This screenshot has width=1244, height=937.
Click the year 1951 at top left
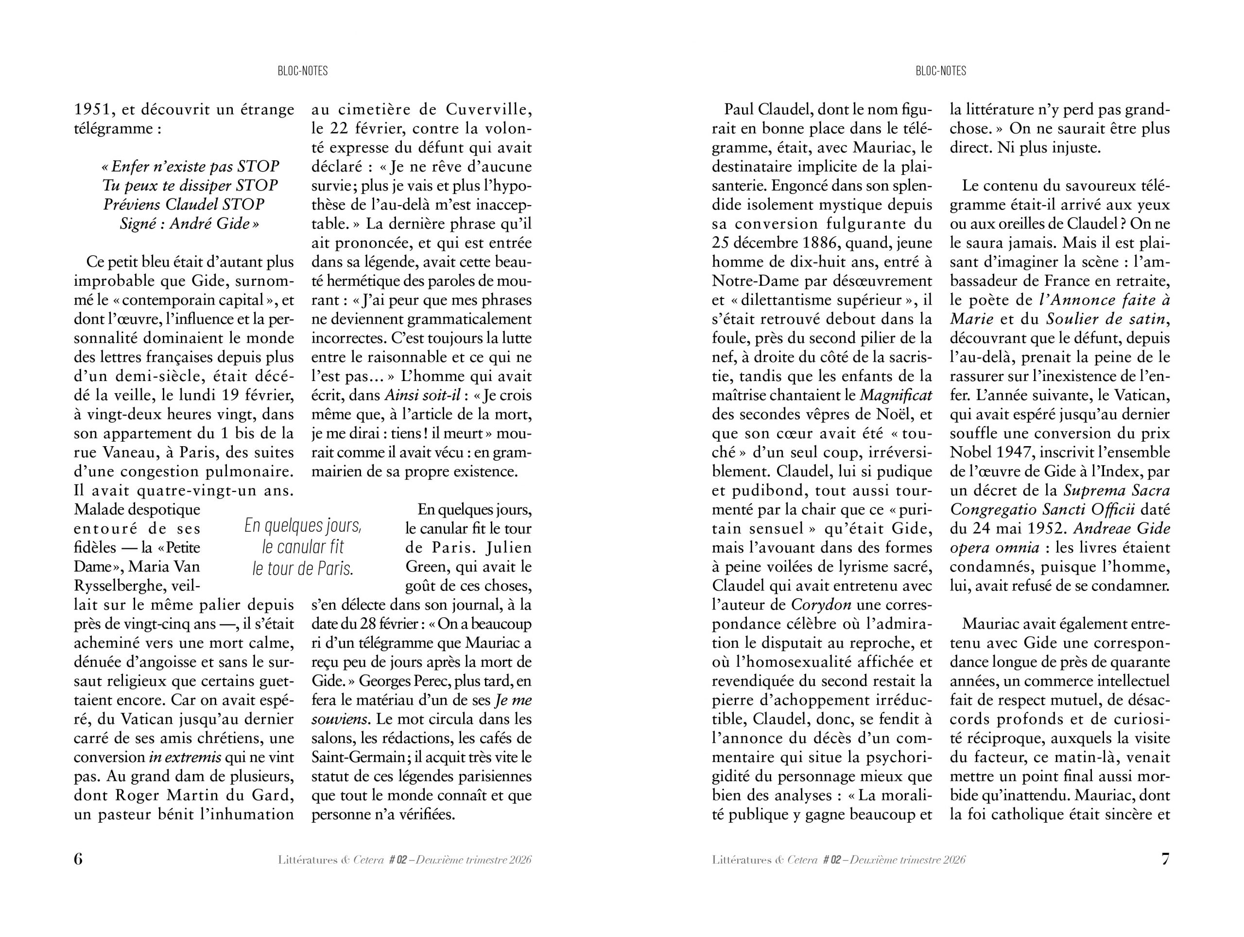point(95,109)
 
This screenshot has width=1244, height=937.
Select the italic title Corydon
point(821,605)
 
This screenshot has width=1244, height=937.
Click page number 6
point(78,859)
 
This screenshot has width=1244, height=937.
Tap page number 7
point(1165,859)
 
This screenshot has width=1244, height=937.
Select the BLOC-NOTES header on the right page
point(941,71)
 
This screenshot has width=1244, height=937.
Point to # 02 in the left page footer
point(397,860)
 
